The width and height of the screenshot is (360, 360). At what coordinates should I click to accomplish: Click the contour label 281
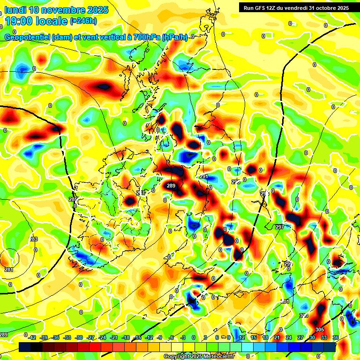click(x=9, y=270)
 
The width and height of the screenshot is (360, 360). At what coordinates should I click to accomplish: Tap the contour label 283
click(x=34, y=240)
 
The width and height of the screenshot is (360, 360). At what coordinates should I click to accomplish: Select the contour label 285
click(x=73, y=199)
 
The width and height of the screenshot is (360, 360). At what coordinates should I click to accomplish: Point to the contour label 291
click(x=203, y=177)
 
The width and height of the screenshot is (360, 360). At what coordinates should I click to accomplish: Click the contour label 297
click(x=280, y=227)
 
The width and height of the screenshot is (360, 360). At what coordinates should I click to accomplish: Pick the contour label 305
click(x=320, y=330)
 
